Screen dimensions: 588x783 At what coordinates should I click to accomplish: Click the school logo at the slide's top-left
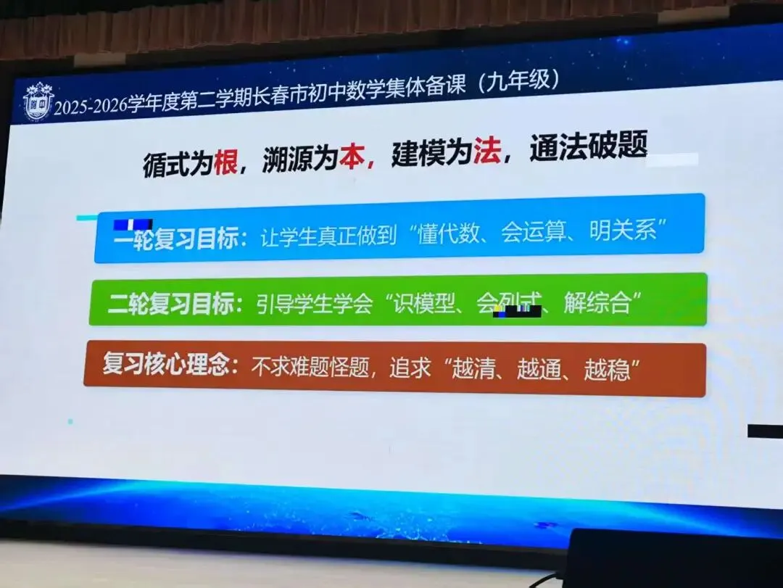click(38, 102)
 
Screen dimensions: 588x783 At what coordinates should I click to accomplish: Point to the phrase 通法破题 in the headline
click(588, 148)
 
